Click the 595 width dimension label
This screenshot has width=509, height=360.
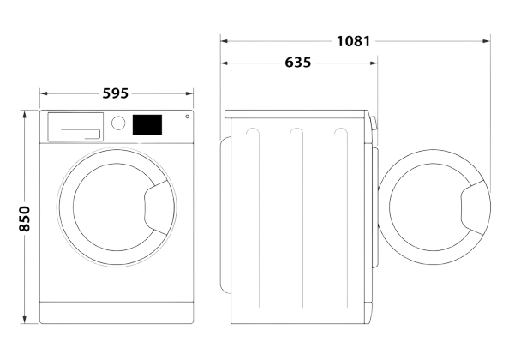coord(116,93)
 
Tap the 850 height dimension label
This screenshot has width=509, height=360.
coord(24,219)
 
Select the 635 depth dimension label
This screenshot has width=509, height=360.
coord(297,63)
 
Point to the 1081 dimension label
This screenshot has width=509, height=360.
coord(353,41)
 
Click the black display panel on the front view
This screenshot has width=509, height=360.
coord(147,124)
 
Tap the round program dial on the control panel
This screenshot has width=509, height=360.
coord(118,123)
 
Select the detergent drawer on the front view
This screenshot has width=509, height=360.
coord(75,127)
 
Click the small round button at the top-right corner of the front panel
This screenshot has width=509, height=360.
coord(188,117)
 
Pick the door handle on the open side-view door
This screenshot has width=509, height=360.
coord(472,207)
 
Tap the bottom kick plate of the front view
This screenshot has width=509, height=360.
coord(117,312)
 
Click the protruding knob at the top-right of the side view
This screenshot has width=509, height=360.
coord(374,123)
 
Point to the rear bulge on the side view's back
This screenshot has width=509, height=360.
coord(225,215)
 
